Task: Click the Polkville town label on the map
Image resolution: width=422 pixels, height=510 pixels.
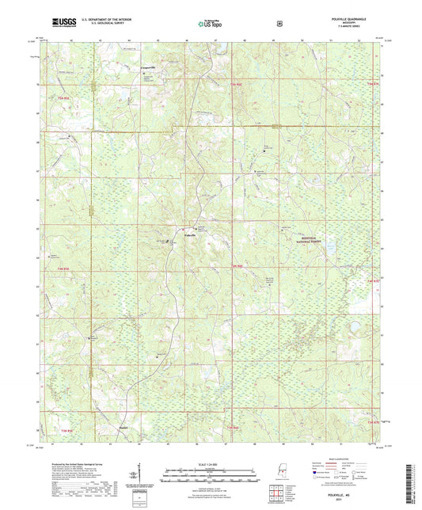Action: point(188,235)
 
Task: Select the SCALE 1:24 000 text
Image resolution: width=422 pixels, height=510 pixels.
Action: point(210,464)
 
